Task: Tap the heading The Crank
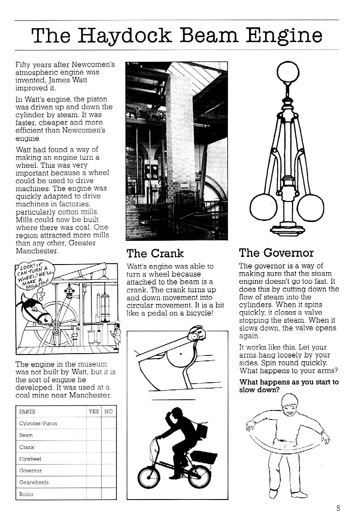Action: pyautogui.click(x=155, y=253)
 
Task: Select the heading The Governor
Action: pyautogui.click(x=276, y=253)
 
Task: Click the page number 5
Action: pyautogui.click(x=338, y=508)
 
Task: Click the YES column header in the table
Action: pyautogui.click(x=94, y=411)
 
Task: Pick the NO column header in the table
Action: pyautogui.click(x=108, y=411)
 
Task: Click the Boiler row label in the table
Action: pyautogui.click(x=26, y=494)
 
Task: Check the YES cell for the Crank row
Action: pyautogui.click(x=94, y=447)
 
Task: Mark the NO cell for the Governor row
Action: pyautogui.click(x=108, y=470)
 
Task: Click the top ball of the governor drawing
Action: pyautogui.click(x=287, y=72)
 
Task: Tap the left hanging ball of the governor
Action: pyautogui.click(x=263, y=207)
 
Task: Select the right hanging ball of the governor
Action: pyautogui.click(x=310, y=208)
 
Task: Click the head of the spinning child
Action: pyautogui.click(x=290, y=404)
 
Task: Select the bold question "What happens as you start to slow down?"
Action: pyautogui.click(x=289, y=386)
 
